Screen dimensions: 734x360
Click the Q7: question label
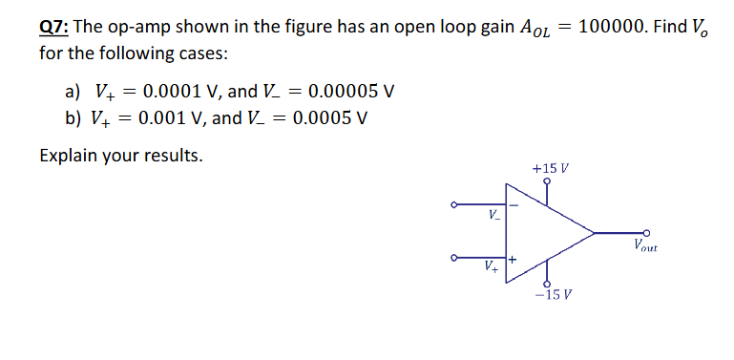point(52,26)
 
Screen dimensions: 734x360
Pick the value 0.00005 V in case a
point(347,92)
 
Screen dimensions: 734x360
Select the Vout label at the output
point(645,248)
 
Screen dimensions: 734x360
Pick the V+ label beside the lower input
point(491,265)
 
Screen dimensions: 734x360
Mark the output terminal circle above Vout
point(646,232)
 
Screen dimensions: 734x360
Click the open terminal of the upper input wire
point(454,204)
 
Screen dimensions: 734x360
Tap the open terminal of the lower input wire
point(454,256)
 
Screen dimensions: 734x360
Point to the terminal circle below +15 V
point(547,181)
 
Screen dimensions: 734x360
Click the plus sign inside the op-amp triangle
point(513,259)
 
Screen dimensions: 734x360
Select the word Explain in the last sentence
point(70,155)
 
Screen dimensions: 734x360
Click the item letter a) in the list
point(73,92)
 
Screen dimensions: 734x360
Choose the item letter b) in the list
point(73,118)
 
